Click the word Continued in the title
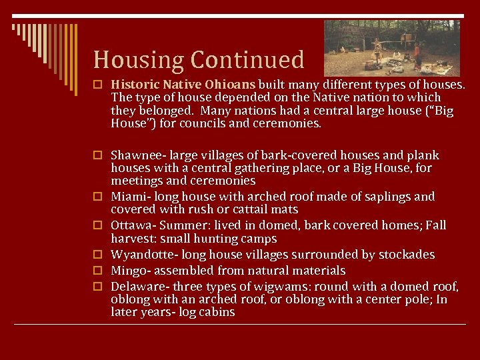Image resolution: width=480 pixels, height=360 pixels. point(247,60)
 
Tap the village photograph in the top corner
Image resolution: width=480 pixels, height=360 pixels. point(391,47)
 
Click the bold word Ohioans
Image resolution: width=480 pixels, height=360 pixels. point(229,85)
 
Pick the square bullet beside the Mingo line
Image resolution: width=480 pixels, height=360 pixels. point(97,271)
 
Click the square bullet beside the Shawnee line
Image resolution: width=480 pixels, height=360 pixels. point(97,155)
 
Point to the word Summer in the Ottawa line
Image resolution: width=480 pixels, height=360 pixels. point(193,225)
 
